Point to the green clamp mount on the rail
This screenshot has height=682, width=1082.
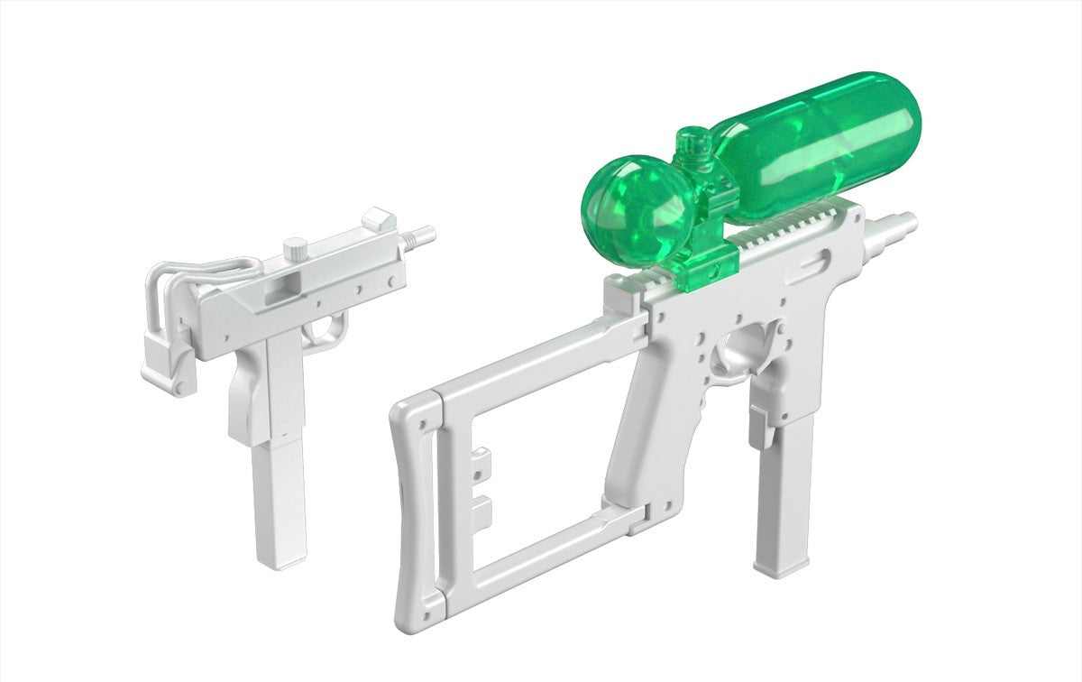(712, 257)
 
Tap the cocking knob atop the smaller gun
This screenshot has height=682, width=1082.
(296, 247)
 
